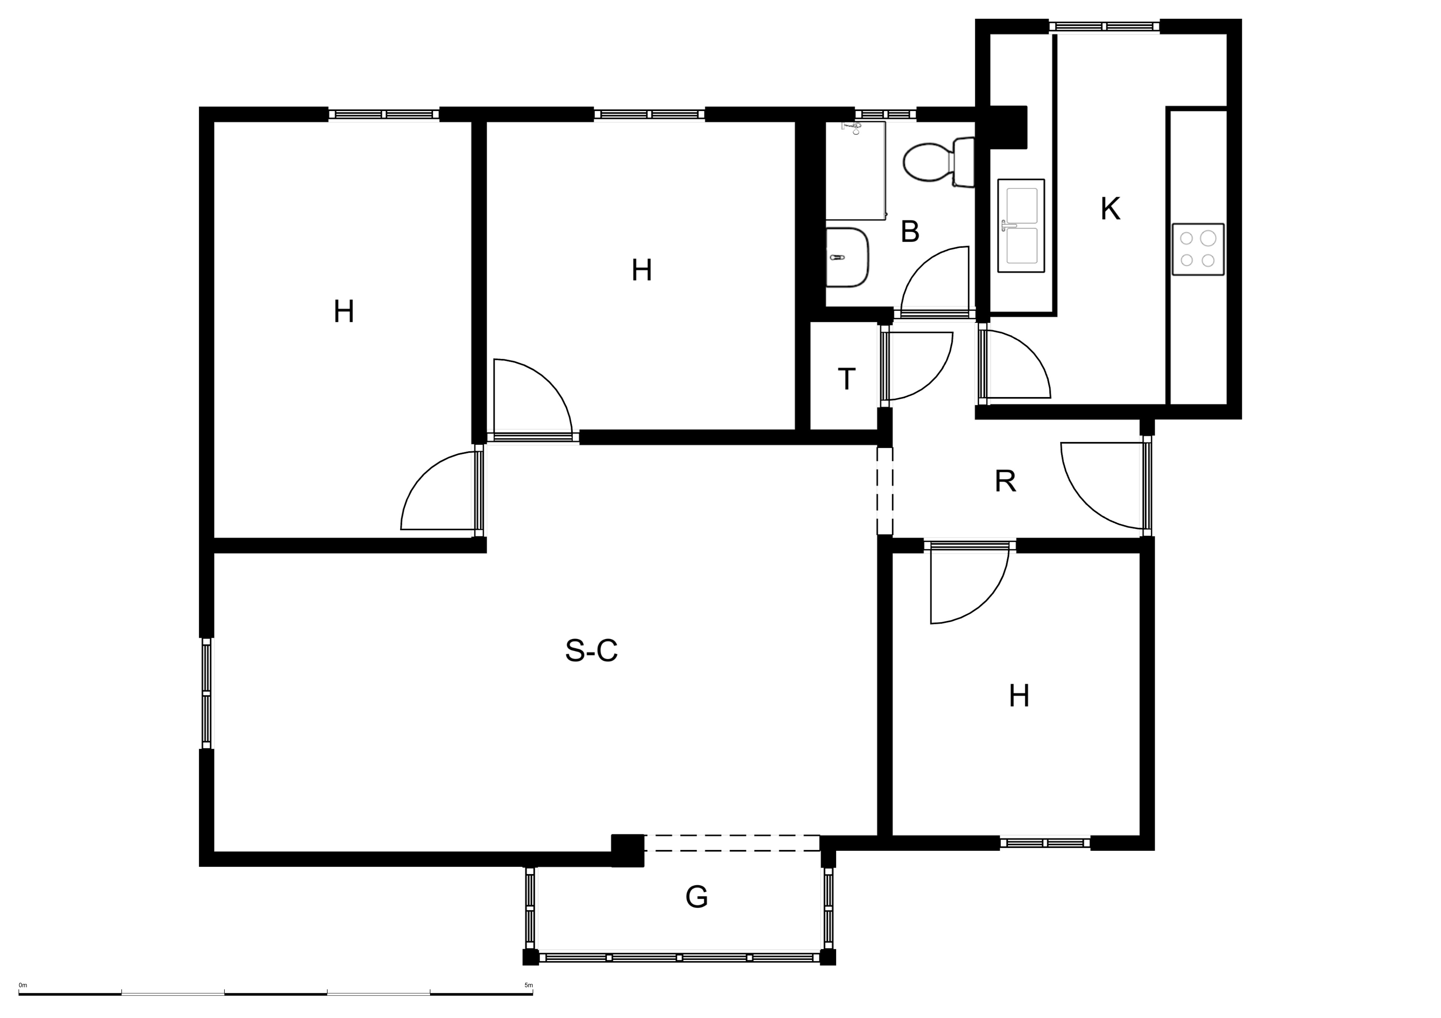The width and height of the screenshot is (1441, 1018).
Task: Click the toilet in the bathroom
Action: (x=938, y=162)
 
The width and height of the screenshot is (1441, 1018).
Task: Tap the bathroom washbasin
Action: (x=847, y=258)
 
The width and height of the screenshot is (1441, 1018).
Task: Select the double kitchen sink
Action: (x=1021, y=226)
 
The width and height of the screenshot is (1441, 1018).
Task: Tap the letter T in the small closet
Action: (x=847, y=379)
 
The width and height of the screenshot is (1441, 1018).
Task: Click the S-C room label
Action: (x=591, y=651)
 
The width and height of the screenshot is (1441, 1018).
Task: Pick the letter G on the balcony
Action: (x=696, y=897)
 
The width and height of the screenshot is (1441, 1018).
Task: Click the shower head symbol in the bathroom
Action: (x=851, y=129)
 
